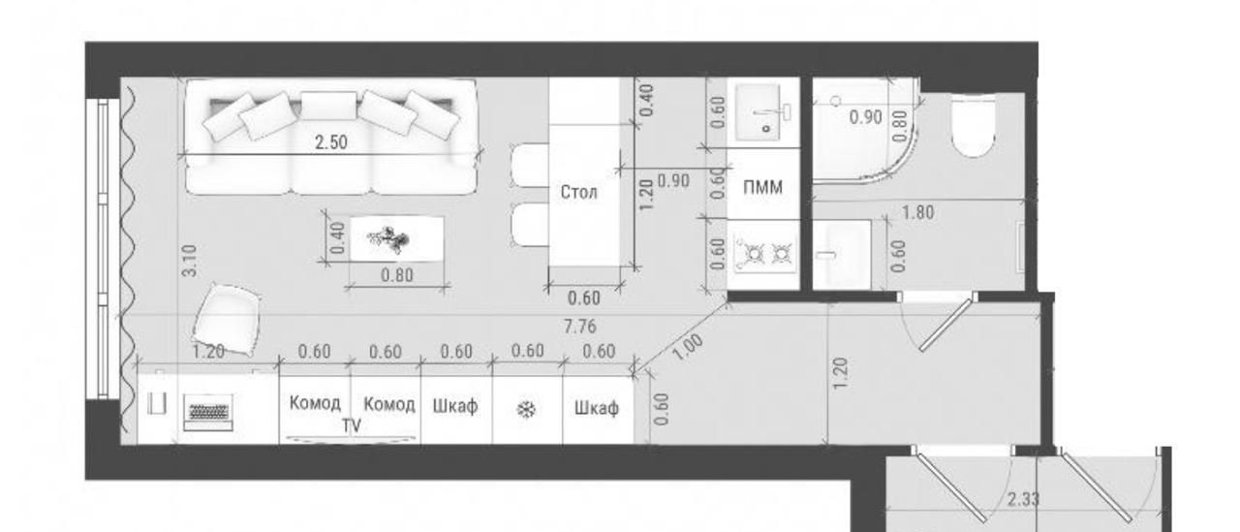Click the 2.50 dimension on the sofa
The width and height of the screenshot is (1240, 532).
coord(331,142)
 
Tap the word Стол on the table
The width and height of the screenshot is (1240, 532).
coord(578,192)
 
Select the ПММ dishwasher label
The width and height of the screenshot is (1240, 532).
coord(762,188)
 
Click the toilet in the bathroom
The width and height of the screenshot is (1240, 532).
coord(974,126)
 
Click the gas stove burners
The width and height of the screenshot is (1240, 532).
coord(765,255)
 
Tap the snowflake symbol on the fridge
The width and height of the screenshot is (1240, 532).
coord(526,410)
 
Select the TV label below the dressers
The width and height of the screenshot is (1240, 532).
coord(351,425)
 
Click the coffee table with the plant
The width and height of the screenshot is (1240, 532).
coord(397,238)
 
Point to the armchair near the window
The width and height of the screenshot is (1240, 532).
coord(227,318)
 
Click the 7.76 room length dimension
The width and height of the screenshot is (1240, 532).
coord(579,326)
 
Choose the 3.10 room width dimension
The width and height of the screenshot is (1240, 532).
coord(189,261)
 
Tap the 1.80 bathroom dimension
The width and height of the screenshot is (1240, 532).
coord(917,212)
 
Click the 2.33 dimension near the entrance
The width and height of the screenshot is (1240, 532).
coord(1023,500)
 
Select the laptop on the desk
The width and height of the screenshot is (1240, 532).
coord(207,413)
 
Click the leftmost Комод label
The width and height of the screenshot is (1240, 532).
coord(315,403)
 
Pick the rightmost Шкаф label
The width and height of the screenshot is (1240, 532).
coord(596,409)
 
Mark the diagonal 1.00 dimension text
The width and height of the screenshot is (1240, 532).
coord(688,347)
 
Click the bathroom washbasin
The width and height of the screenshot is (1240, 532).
coord(842,255)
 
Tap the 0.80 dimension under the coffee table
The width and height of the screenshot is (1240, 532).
coord(397,275)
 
